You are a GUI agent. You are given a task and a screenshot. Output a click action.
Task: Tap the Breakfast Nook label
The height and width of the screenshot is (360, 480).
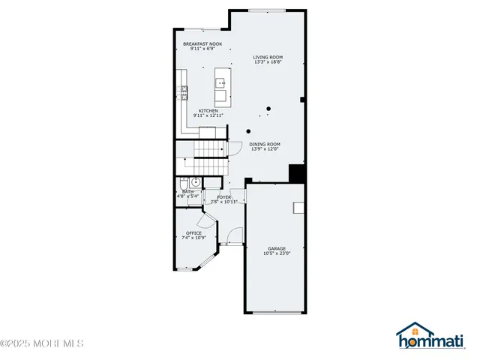click(202, 44)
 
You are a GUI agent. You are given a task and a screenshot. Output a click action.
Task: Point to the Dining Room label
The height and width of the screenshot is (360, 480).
click(265, 144)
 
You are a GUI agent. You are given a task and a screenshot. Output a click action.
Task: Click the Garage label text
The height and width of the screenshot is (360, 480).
click(276, 248)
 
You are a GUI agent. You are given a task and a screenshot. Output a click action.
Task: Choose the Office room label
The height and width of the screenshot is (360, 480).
click(193, 232)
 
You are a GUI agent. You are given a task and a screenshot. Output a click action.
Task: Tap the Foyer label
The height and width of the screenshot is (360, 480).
click(223, 197)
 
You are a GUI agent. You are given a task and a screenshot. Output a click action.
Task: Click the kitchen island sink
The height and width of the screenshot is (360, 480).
click(221, 83)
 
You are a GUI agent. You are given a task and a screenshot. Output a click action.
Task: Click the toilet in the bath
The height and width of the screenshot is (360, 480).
click(184, 183)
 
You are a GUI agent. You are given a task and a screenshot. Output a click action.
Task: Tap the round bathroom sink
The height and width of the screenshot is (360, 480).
click(195, 181)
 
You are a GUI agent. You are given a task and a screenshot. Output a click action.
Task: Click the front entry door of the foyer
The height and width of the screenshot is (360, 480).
click(233, 244)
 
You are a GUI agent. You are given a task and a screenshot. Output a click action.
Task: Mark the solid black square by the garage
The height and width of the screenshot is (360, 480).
click(296, 173)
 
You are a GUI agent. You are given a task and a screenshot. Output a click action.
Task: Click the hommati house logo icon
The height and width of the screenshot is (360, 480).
click(413, 332)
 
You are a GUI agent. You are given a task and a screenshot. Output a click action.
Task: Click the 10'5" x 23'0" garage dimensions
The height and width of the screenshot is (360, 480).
click(276, 253)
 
